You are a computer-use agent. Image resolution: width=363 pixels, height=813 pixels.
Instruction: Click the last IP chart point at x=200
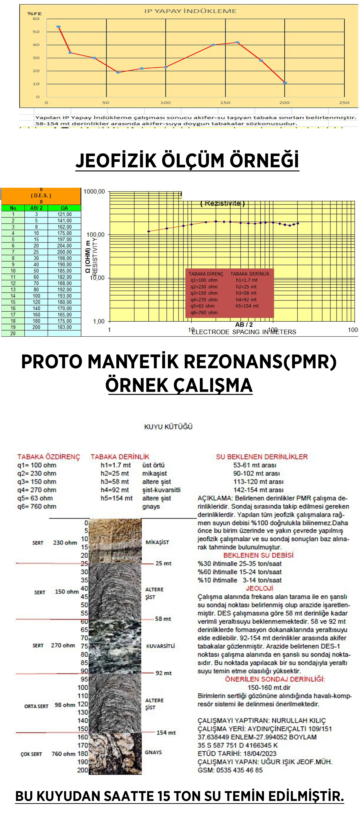pyautogui.click(x=285, y=83)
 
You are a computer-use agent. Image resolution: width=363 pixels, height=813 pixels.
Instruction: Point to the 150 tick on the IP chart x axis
pyautogui.click(x=225, y=103)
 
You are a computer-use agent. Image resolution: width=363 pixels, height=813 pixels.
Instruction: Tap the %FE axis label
pyautogui.click(x=34, y=14)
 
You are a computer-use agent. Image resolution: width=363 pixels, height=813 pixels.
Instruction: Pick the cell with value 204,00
pyautogui.click(x=64, y=246)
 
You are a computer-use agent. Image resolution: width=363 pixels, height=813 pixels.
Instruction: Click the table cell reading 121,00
pyautogui.click(x=64, y=214)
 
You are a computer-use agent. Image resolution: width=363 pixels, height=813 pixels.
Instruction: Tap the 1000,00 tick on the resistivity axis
pyautogui.click(x=94, y=191)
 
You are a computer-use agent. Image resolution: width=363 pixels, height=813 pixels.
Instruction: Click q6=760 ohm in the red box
pyautogui.click(x=204, y=312)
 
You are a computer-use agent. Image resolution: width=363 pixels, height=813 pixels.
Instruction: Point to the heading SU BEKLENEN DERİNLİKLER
pyautogui.click(x=262, y=457)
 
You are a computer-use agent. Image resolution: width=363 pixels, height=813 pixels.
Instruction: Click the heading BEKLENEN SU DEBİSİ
pyautogui.click(x=258, y=555)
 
